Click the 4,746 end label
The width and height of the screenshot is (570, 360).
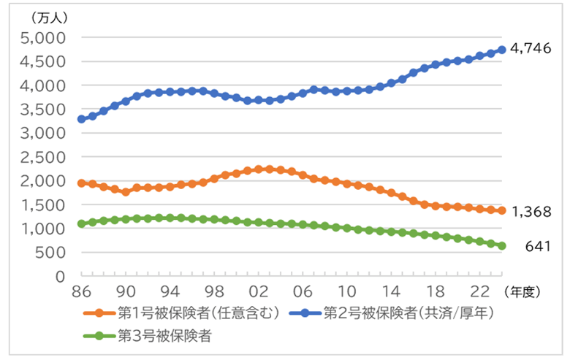tap(531, 50)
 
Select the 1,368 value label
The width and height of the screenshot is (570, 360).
tap(531, 211)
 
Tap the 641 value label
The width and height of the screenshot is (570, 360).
tap(538, 247)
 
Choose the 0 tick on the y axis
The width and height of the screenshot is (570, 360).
tap(61, 276)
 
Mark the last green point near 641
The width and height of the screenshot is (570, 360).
tap(502, 246)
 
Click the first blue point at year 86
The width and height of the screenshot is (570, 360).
tap(82, 119)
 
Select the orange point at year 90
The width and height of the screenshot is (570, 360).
tap(126, 192)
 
